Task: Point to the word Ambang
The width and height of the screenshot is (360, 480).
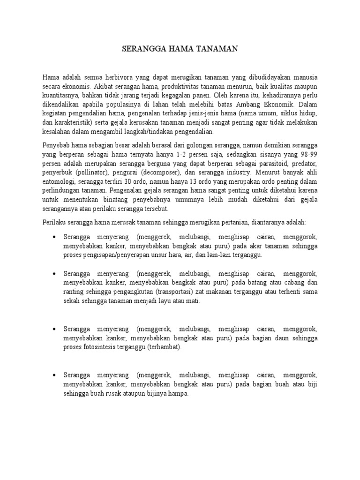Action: pos(262,104)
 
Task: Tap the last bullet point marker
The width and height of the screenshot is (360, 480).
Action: pos(55,376)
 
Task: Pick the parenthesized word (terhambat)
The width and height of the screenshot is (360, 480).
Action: pos(164,348)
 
